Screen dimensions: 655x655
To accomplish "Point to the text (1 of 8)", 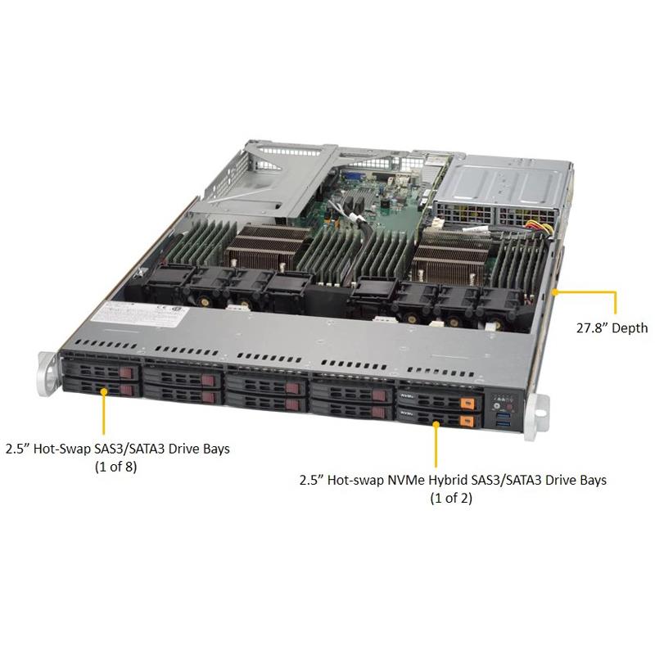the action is [116, 467].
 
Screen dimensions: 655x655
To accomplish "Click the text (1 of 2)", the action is [451, 498].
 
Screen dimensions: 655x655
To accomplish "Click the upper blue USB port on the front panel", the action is [503, 416].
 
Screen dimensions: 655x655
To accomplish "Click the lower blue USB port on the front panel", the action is [503, 424].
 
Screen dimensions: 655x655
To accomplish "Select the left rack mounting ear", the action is [47, 374].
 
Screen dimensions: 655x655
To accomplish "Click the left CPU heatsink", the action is [267, 246].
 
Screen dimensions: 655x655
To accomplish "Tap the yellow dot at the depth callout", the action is [555, 292].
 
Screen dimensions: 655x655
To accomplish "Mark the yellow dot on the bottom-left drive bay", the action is [104, 391].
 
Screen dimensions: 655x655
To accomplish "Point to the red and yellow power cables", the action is [538, 228].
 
